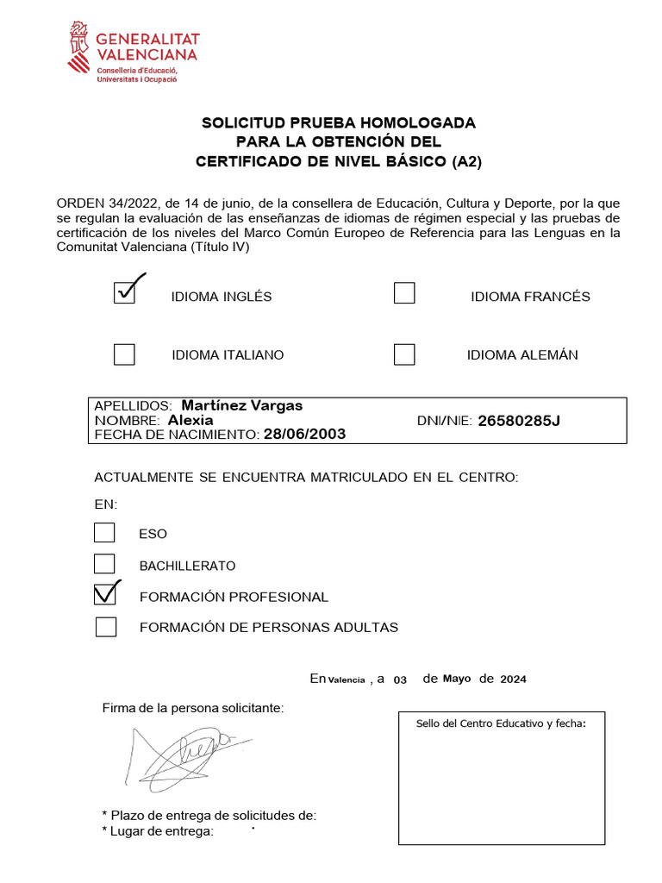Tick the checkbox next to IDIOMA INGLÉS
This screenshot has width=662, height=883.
[125, 293]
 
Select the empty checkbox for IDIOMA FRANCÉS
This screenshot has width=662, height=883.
[404, 293]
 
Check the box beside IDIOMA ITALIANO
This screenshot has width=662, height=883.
[125, 354]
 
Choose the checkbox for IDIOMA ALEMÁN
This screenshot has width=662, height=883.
[404, 354]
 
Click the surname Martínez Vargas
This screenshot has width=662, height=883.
[242, 405]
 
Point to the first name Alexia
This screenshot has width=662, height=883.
[190, 420]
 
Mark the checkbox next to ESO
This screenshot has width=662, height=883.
[104, 533]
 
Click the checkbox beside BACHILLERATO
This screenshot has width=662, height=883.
[104, 564]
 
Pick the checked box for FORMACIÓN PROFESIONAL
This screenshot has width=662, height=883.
[105, 594]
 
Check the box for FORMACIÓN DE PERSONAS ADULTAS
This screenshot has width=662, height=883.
[106, 626]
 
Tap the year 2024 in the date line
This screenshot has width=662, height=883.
[513, 679]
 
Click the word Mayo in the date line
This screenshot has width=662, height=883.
[457, 679]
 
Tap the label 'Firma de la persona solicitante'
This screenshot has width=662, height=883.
[192, 708]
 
